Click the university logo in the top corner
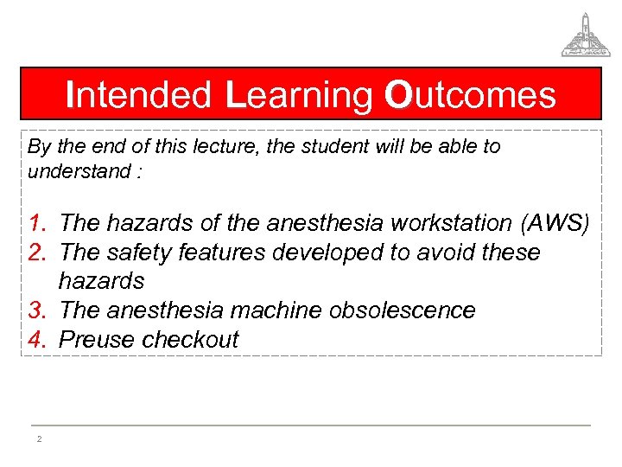[585, 34]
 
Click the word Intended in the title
[138, 94]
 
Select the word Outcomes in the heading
[470, 94]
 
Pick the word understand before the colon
[78, 171]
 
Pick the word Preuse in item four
[97, 340]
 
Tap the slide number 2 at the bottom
[39, 439]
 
